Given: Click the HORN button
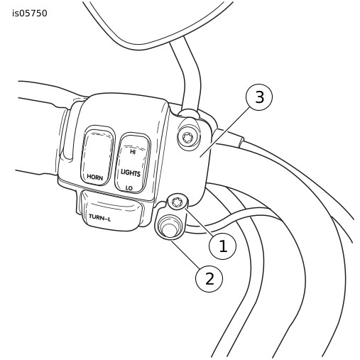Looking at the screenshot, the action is coord(97,156).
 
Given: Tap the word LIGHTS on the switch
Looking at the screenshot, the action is coord(131,173).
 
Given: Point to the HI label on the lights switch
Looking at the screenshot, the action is coord(133,152).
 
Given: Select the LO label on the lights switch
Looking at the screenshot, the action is coord(129,188).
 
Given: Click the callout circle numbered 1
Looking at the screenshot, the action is coord(222,246).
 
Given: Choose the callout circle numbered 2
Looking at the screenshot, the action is coord(209,278).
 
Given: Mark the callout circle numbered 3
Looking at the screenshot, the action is coord(259,97).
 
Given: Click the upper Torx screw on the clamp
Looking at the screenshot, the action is coord(189,138).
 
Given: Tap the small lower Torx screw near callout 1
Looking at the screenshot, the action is coord(177,202).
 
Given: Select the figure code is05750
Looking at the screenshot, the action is coord(30,13).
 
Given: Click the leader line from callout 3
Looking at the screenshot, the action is coord(224,131).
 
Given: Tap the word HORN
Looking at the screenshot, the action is coord(95,177).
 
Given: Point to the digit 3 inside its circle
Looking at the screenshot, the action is coord(259,97).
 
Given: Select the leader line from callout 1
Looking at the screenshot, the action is coord(199,222).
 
